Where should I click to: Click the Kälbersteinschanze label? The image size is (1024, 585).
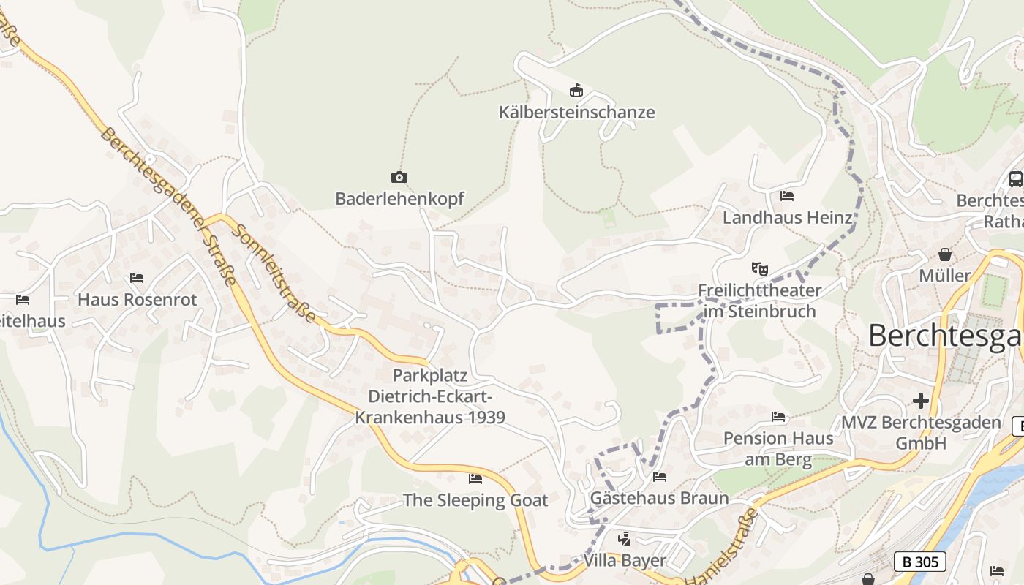(576, 113)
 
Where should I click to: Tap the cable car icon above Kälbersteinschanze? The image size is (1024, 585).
(576, 91)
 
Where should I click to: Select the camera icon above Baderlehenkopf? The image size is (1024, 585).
(399, 177)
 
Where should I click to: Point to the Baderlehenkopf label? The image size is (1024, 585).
(399, 199)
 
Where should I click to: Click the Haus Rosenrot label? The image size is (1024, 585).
(138, 300)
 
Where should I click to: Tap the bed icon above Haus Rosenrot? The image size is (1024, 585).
(137, 278)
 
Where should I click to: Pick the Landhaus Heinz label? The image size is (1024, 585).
(788, 218)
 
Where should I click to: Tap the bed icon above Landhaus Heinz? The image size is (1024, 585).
(787, 196)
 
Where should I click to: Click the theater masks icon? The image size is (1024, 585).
(760, 269)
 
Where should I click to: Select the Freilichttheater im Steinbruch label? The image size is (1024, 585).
(760, 301)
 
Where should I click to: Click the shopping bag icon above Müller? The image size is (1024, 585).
(945, 254)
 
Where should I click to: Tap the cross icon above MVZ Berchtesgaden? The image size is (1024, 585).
(921, 401)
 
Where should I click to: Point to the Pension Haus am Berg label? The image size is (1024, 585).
(778, 449)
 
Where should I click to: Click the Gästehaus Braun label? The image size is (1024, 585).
(660, 499)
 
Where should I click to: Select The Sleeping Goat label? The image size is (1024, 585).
(475, 501)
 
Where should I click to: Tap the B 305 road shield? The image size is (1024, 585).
(919, 562)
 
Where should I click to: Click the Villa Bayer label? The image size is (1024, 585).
(625, 561)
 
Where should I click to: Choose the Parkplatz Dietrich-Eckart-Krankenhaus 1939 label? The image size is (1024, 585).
(430, 396)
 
